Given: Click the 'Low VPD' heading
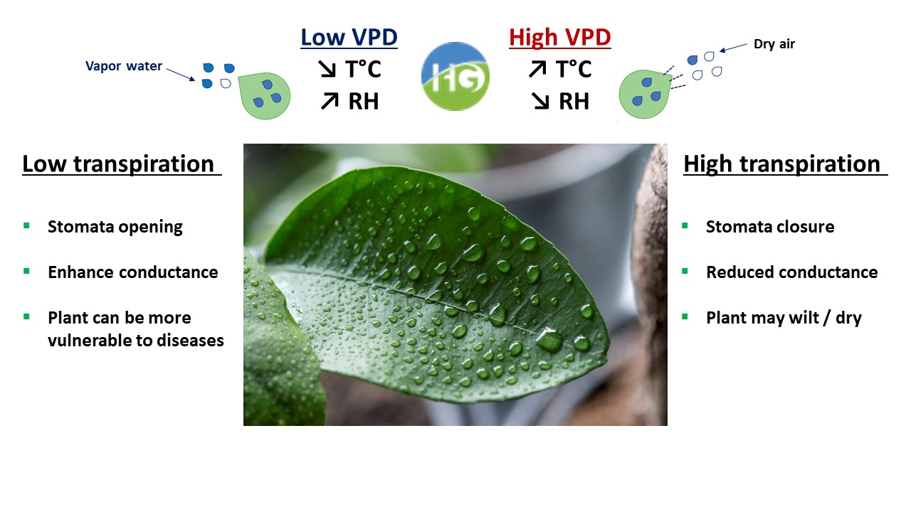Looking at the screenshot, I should (x=349, y=37).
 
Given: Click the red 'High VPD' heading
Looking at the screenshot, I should (x=559, y=37).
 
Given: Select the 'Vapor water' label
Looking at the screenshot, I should (x=124, y=66).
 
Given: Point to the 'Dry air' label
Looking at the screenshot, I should (x=774, y=44).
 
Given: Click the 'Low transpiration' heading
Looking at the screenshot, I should (x=118, y=164).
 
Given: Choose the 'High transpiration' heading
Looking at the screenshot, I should (x=781, y=164).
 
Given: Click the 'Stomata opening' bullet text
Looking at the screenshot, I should (x=115, y=227).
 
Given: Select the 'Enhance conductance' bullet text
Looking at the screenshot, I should (x=133, y=272).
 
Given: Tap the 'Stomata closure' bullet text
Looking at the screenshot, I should (x=770, y=227).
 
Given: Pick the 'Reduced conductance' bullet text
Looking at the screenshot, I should (x=791, y=272).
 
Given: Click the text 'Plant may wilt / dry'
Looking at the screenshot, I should (x=784, y=318).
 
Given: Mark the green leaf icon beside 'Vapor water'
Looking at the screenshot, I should (x=263, y=95).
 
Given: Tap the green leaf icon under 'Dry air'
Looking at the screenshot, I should (x=644, y=93).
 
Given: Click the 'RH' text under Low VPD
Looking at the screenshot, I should (x=363, y=102).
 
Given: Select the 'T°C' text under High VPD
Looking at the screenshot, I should (x=573, y=69).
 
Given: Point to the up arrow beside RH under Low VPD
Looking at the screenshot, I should (x=329, y=102).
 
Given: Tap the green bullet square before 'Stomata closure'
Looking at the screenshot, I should (x=685, y=226).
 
